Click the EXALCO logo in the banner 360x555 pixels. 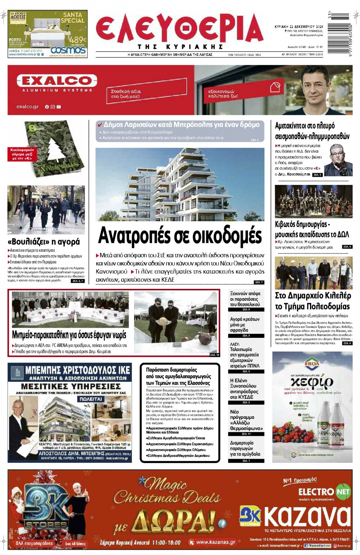pyautogui.click(x=57, y=81)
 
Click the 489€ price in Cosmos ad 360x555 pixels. pyautogui.click(x=77, y=40)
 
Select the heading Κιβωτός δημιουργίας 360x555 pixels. pyautogui.click(x=302, y=225)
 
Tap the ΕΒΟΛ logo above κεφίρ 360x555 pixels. pyautogui.click(x=312, y=363)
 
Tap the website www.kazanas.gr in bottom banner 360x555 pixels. pyautogui.click(x=215, y=542)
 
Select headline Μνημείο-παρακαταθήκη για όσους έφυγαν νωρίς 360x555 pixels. pyautogui.click(x=69, y=335)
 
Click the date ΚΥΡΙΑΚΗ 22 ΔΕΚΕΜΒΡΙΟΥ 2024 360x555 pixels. pyautogui.click(x=298, y=27)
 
